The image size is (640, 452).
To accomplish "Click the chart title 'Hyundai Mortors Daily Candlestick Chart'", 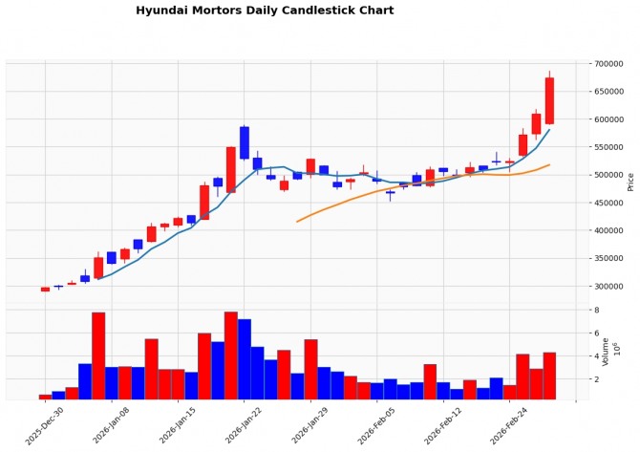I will pos(265,11).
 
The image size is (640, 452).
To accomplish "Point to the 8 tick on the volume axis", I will pos(596,311).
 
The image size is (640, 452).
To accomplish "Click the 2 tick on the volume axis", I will pos(596,379).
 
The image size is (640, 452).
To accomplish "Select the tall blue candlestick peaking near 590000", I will pos(245,142).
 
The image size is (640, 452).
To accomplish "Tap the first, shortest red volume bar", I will pos(45,397).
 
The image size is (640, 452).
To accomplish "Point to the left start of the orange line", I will pos(298,222).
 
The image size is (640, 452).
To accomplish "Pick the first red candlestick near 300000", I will pos(45,289).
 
